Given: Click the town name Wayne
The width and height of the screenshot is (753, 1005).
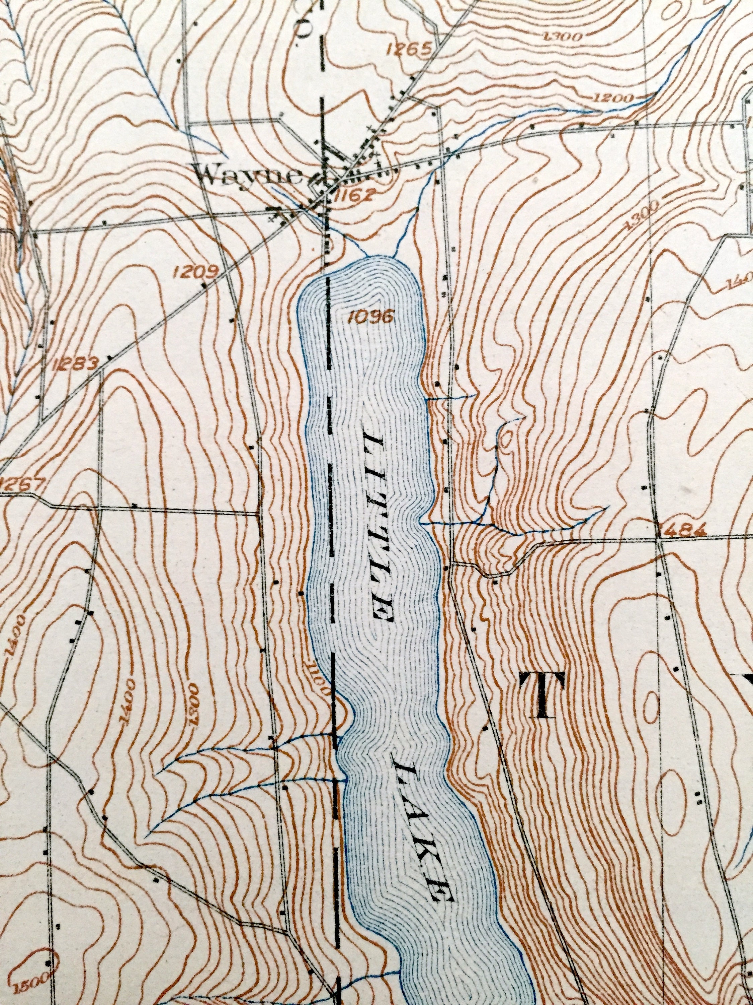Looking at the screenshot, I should pyautogui.click(x=248, y=177).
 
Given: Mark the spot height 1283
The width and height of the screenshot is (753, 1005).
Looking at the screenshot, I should pyautogui.click(x=76, y=363).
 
